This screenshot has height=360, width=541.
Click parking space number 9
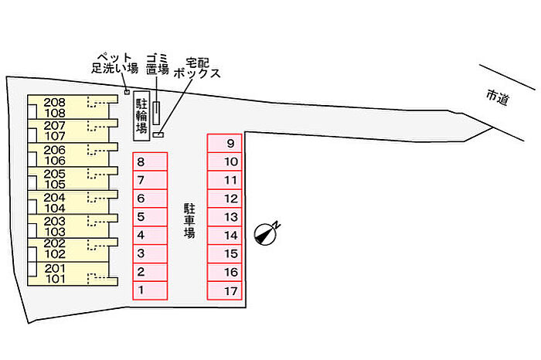tap(225, 144)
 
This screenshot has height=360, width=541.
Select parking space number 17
tap(225, 290)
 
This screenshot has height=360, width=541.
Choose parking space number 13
tap(225, 217)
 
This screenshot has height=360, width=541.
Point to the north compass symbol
tap(266, 233)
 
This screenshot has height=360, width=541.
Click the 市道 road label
tap(498, 97)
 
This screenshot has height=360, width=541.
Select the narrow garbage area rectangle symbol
tap(157, 114)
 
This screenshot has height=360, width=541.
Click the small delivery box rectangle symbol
tap(158, 135)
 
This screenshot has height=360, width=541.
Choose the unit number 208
tap(54, 102)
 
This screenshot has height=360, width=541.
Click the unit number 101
tap(54, 279)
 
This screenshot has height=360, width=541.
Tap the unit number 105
tap(54, 185)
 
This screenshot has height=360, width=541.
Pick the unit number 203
tap(54, 221)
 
